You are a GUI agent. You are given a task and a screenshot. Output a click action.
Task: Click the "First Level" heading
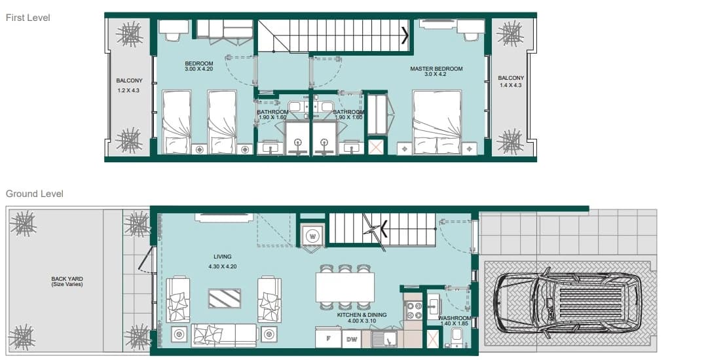click(x=28, y=18)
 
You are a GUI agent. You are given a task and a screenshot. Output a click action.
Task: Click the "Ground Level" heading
click(x=34, y=194)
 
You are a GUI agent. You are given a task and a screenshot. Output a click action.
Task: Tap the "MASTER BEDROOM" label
click(x=436, y=69)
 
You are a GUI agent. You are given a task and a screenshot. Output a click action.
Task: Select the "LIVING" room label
click(x=222, y=257)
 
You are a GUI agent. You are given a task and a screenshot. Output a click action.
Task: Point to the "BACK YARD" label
click(x=67, y=279)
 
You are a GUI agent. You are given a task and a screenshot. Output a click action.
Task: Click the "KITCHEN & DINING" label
click(x=362, y=315)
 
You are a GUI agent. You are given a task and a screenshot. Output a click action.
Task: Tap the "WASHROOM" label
click(x=455, y=318)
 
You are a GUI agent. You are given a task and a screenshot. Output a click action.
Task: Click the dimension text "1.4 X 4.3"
click(x=511, y=85)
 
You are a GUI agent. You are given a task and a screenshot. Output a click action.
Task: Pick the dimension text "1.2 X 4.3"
click(x=128, y=90)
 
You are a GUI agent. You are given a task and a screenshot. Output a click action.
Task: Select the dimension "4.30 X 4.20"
click(x=223, y=266)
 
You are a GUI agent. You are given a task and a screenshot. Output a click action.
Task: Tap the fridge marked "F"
click(x=328, y=338)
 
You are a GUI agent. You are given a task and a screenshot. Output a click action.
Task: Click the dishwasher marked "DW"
click(x=352, y=339)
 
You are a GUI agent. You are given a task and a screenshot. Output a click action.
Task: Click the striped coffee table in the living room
click(x=225, y=298)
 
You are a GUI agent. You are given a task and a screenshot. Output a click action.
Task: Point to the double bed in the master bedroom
click(x=437, y=122)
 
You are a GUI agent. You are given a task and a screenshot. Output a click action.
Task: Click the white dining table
click(x=345, y=287)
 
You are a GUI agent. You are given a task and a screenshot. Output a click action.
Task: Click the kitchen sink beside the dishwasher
click(x=384, y=339)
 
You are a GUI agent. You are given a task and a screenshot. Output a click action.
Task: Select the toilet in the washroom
click(x=456, y=338)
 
